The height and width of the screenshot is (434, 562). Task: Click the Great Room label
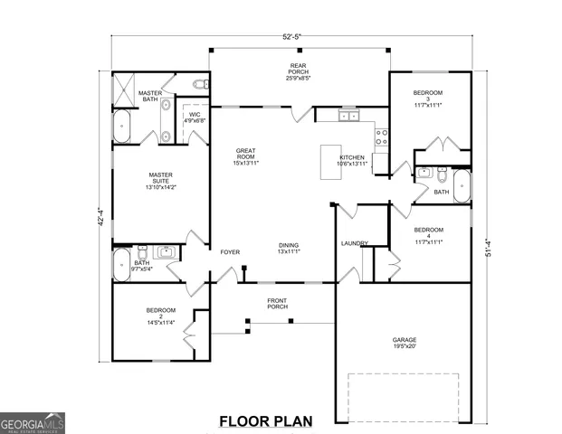[x=246, y=156]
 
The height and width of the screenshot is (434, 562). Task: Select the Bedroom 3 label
[x=427, y=98]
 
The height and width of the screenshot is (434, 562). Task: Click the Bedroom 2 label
[x=160, y=314]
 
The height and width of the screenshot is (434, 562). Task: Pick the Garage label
[x=405, y=343]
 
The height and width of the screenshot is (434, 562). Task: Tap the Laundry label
[x=353, y=243]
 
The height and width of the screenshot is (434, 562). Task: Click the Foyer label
[x=231, y=251]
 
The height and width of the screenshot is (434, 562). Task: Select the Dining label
[x=289, y=248]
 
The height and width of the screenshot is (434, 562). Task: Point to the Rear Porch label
[x=298, y=71]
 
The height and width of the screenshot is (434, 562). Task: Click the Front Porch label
[x=278, y=303]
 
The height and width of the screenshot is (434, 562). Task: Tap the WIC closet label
[x=195, y=117]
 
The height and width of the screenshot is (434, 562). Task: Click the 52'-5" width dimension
[x=291, y=37]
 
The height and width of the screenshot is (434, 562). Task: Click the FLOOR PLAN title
[x=265, y=420]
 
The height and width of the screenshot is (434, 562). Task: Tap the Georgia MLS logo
[x=33, y=422]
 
